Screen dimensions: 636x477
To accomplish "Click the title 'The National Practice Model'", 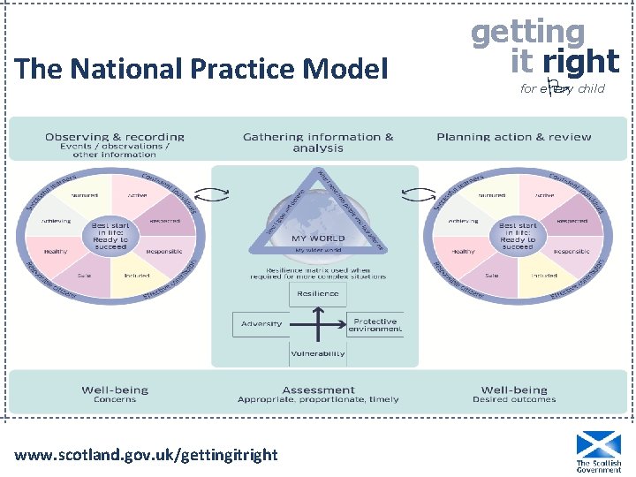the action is point(201,69).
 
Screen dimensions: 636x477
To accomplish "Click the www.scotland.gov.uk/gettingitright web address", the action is point(147,455).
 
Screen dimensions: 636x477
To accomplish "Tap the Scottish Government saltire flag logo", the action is point(598,444).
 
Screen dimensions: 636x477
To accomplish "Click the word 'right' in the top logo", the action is point(580,61).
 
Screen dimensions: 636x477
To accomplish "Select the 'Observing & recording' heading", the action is point(115,137).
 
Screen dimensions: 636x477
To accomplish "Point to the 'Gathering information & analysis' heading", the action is point(318,141).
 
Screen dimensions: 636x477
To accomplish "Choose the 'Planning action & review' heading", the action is point(514,137).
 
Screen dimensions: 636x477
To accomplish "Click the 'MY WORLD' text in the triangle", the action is point(318,238).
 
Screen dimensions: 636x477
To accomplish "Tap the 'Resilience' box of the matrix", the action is point(318,293).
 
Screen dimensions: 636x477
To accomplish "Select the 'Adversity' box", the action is point(261,323).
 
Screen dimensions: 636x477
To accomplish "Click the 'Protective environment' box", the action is point(375,325).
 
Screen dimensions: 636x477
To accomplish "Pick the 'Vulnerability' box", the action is point(318,354).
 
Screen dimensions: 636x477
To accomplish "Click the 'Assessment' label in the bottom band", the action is point(318,390).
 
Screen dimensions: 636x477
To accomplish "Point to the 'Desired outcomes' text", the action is point(514,400).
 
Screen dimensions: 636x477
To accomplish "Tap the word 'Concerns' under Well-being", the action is point(115,400).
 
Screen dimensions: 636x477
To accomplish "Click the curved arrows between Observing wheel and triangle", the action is point(208,194).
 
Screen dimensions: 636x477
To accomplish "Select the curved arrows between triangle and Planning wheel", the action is point(411,194).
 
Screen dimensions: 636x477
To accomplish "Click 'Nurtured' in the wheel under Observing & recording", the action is point(84,195).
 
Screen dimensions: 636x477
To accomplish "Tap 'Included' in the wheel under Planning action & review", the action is point(544,276).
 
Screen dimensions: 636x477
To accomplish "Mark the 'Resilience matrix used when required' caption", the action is point(318,272).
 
